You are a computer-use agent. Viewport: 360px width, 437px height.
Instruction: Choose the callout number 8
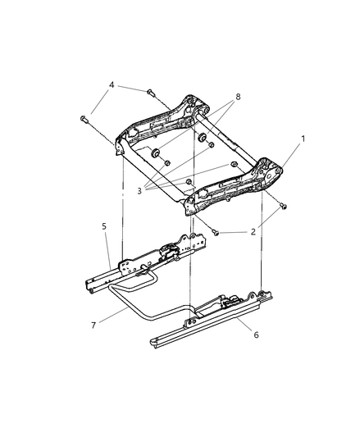click(239, 97)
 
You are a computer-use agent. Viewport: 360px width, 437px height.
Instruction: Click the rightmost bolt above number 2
click(283, 205)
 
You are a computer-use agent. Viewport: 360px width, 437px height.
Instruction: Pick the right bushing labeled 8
click(199, 137)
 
